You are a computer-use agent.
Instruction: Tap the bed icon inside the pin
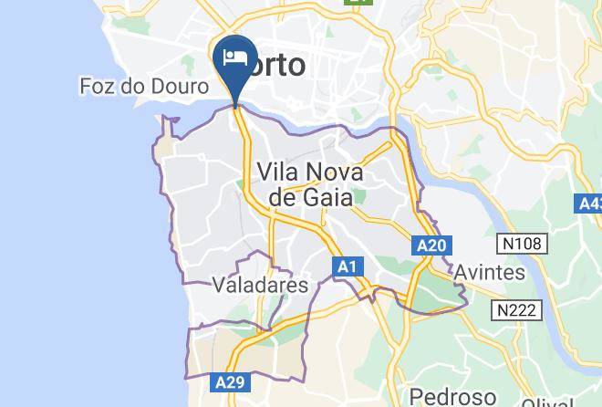(235, 57)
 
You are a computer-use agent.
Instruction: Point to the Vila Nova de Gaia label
(310, 183)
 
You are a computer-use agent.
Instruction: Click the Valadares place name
(260, 285)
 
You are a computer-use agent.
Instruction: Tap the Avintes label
(490, 272)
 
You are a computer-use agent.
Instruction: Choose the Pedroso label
(453, 396)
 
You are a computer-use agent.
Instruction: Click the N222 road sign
(516, 310)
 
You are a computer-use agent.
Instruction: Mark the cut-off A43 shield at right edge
(590, 203)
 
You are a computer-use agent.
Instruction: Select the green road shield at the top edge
(352, 3)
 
